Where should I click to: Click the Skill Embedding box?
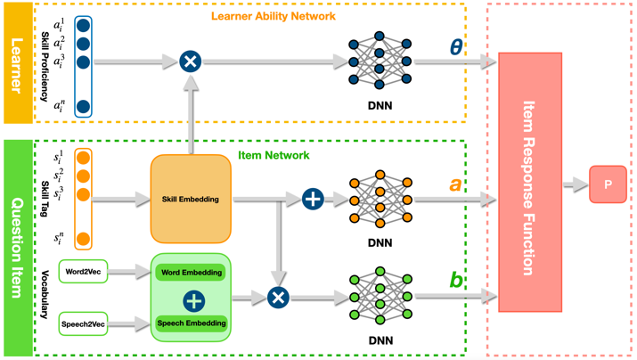pyautogui.click(x=191, y=200)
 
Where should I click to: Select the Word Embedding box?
pyautogui.click(x=191, y=272)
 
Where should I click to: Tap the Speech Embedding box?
pyautogui.click(x=191, y=323)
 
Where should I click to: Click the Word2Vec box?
pyautogui.click(x=82, y=270)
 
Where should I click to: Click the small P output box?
pyautogui.click(x=608, y=184)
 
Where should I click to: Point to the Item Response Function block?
pyautogui.click(x=530, y=187)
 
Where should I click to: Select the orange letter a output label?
pyautogui.click(x=456, y=185)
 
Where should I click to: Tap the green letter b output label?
pyautogui.click(x=456, y=281)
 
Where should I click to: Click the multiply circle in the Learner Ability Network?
pyautogui.click(x=190, y=61)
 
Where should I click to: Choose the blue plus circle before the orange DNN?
pyautogui.click(x=313, y=199)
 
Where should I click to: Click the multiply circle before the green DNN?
pyautogui.click(x=278, y=297)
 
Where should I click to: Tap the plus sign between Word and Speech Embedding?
pyautogui.click(x=192, y=298)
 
